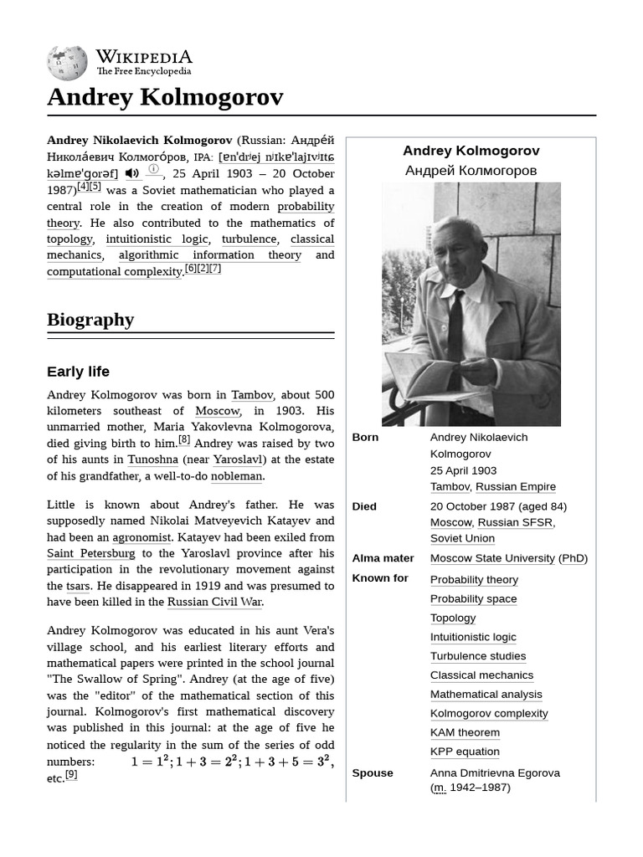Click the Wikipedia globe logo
point(67,63)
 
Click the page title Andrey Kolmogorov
point(165,97)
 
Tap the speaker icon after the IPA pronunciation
point(132,173)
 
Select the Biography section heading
point(90,319)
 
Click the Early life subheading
point(78,372)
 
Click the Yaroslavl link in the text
point(238,459)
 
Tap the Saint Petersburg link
point(90,553)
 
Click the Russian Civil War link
point(214,602)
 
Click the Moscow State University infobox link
point(492,558)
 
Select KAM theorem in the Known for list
point(465,732)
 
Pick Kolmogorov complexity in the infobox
point(489,713)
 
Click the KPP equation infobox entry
point(465,752)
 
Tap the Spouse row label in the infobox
point(373,772)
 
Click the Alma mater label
point(383,558)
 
